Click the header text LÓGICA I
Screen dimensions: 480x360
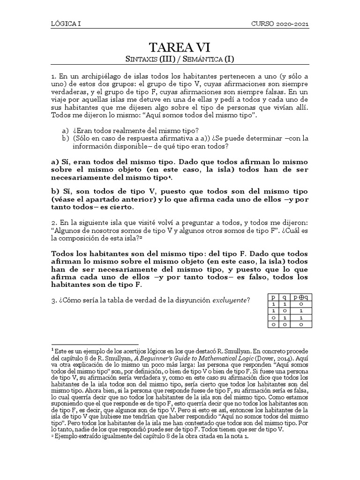tap(66, 24)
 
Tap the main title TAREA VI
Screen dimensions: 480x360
tap(180, 47)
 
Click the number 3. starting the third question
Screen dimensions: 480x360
tap(54, 300)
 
